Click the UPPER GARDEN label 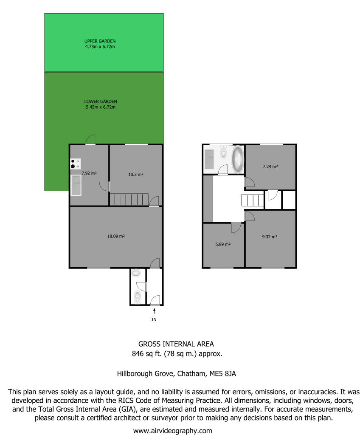[100, 41]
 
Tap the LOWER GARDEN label [100, 102]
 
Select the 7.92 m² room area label [89, 173]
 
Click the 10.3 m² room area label [136, 175]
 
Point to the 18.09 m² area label [116, 236]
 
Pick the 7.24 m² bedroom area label [270, 167]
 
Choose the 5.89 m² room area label [223, 244]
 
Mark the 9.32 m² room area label [270, 237]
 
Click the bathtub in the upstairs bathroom [237, 159]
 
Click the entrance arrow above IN [154, 311]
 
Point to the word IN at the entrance [154, 319]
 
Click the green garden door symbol [90, 140]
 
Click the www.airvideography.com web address [172, 430]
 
